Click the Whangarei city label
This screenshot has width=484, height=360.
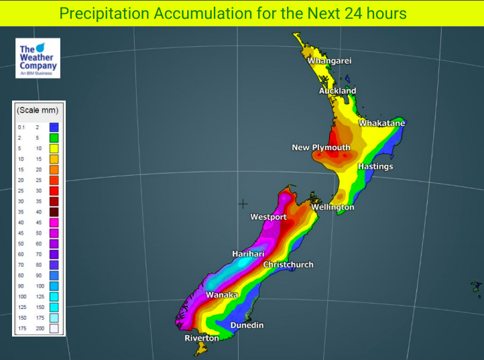(329, 61)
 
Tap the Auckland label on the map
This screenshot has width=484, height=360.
(337, 91)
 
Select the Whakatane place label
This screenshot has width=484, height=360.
(381, 123)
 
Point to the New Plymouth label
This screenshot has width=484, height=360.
(320, 147)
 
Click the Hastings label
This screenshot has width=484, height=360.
(375, 166)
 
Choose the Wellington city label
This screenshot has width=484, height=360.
(332, 207)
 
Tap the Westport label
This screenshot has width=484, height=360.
(268, 217)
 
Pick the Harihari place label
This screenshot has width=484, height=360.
(248, 253)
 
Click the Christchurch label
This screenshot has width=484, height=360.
(288, 265)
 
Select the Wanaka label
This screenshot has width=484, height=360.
(222, 295)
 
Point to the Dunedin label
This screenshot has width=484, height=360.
(247, 325)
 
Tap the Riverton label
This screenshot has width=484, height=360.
(202, 338)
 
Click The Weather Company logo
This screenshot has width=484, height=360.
(38, 58)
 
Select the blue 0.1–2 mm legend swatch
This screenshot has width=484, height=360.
(54, 127)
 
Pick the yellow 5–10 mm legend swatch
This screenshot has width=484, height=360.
(54, 148)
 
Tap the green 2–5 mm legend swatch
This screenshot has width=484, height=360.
(54, 137)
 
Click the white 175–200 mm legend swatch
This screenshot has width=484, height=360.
(54, 328)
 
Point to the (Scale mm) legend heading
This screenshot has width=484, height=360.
(38, 110)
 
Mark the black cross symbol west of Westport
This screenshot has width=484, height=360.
(243, 203)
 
